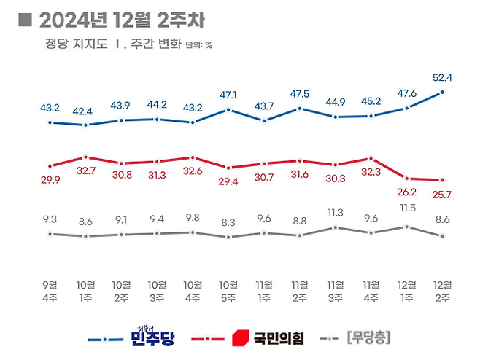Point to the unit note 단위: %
[198, 45]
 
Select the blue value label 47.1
[229, 95]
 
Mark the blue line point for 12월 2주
[442, 93]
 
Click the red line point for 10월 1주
[86, 157]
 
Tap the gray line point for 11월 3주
[336, 227]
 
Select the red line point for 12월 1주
[406, 178]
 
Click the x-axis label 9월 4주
[50, 290]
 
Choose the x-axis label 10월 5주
[228, 290]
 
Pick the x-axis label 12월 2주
[442, 290]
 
